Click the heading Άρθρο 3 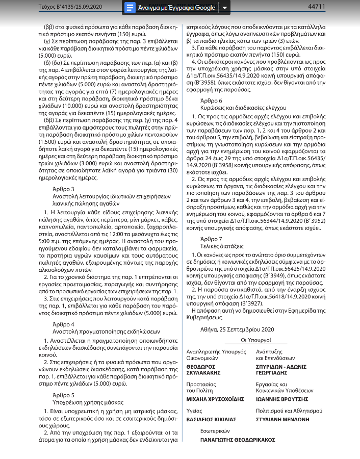(x=63, y=189)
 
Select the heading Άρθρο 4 (x=63, y=324)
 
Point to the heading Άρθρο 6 (x=212, y=100)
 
